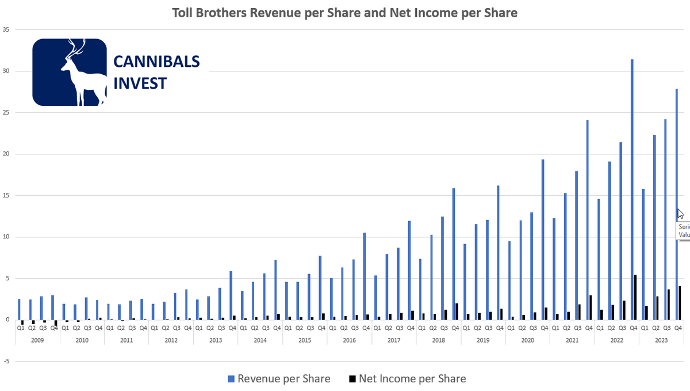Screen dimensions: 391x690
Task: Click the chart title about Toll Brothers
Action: pos(345,13)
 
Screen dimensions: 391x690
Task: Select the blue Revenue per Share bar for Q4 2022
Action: pos(632,190)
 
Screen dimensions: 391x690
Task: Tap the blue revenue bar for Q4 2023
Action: pos(676,204)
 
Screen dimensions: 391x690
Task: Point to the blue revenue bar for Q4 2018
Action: pos(454,254)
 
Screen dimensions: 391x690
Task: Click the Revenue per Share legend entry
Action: pos(279,378)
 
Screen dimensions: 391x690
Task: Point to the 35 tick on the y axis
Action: pos(6,29)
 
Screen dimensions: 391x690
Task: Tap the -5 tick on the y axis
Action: pos(6,362)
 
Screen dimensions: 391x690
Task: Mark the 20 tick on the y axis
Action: pos(6,154)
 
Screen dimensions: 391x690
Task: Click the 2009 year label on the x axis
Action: pos(37,340)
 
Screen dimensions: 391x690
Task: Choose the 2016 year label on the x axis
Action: pos(349,340)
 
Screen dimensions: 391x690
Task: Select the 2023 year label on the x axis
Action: pos(661,340)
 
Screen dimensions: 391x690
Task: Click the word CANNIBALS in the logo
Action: pos(156,62)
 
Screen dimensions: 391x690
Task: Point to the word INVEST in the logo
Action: pos(140,83)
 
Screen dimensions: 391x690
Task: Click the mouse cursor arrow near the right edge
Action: pos(681,214)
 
